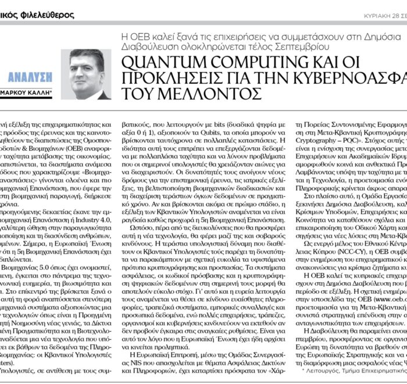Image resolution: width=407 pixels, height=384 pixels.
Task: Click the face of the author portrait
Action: [90, 69]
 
